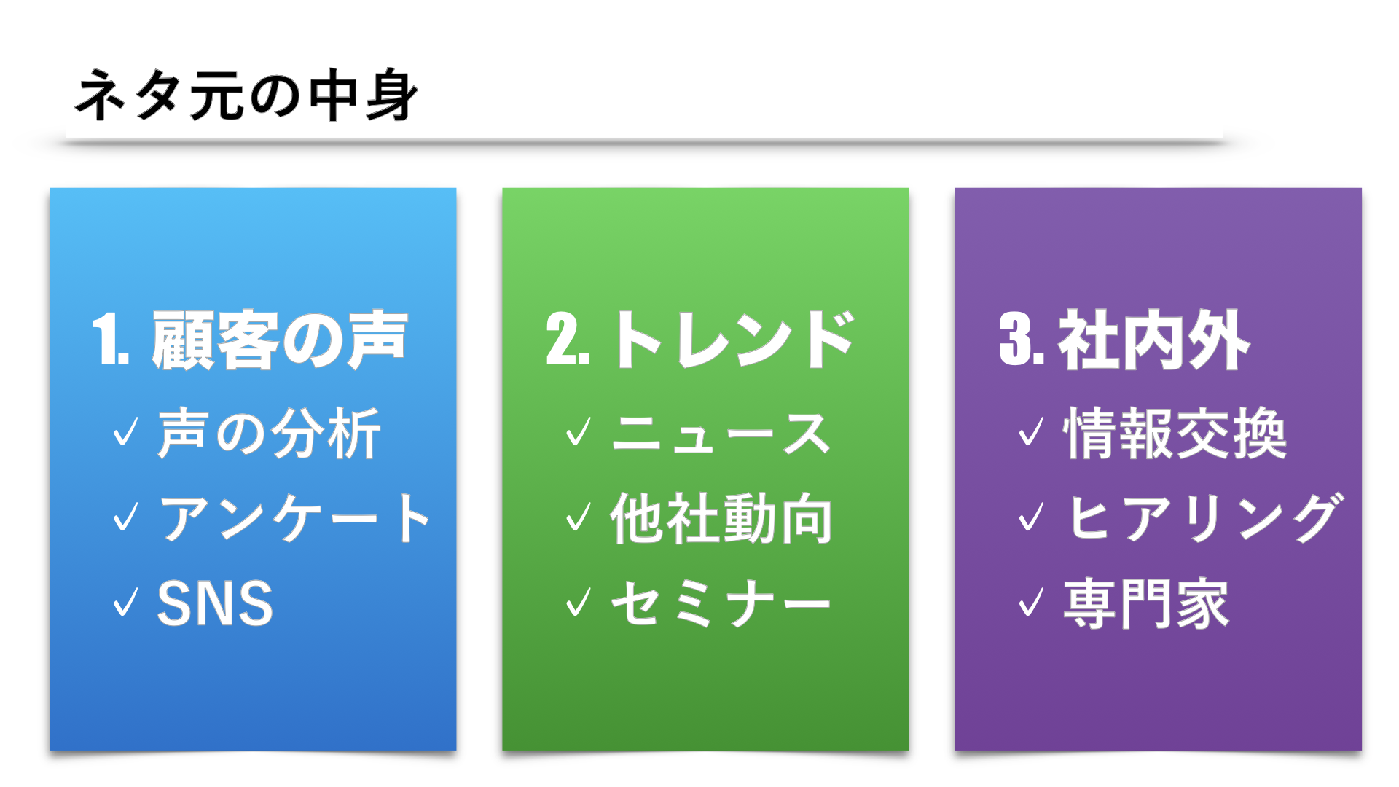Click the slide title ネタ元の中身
coord(246,95)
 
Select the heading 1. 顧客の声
coord(250,340)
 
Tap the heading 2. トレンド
coord(700,340)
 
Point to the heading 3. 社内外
coord(1124,340)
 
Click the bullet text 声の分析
coord(269,434)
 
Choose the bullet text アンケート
coord(295,518)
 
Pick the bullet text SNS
coord(215,603)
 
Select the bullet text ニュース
coord(721,434)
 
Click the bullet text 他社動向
coord(721,518)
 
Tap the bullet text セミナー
coord(721,603)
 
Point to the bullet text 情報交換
coord(1175,434)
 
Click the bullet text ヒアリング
coord(1203,518)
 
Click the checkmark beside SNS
coord(125,602)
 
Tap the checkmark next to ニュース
coord(579,431)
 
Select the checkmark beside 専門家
coord(1031,602)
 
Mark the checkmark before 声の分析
coord(125,431)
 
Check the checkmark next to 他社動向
coord(579,517)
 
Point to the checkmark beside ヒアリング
coord(1031,517)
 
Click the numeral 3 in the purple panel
coord(1014,340)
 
